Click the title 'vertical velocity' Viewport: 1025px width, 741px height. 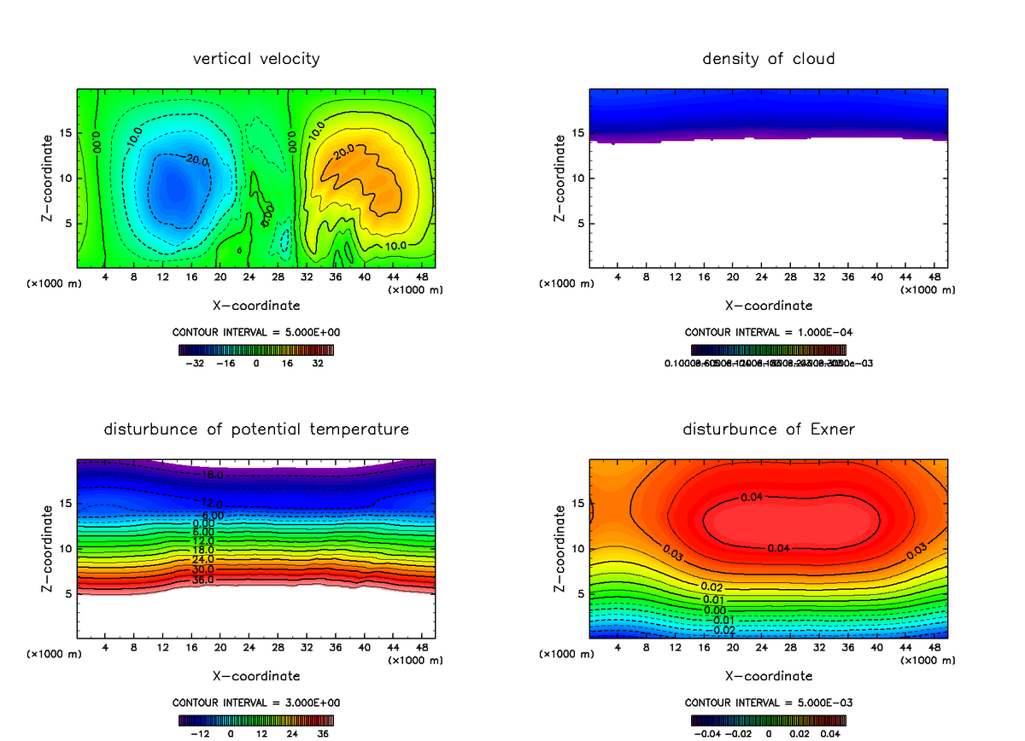pos(256,59)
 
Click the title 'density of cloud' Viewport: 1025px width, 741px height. pos(769,59)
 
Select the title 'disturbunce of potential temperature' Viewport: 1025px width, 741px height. pos(256,429)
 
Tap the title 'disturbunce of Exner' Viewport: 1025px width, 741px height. pos(769,429)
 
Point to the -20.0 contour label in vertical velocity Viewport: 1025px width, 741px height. pos(196,160)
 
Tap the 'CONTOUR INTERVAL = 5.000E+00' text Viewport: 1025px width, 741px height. pos(256,332)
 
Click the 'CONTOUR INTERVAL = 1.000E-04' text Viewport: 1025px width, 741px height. pos(769,332)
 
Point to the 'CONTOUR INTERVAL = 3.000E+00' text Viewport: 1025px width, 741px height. pos(256,703)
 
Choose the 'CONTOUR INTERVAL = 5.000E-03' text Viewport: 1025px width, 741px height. pos(769,703)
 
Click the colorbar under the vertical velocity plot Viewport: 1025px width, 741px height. pos(256,350)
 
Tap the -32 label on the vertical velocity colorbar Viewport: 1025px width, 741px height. pos(198,363)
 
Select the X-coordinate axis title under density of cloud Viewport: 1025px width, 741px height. pos(769,305)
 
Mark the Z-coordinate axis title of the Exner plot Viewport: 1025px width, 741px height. pos(560,549)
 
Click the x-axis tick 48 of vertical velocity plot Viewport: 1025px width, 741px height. pos(421,277)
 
